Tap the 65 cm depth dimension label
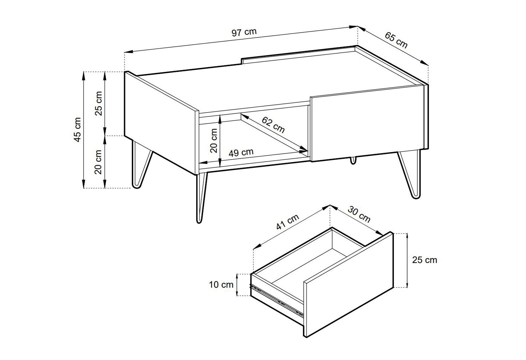pos(396,40)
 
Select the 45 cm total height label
pos(77,130)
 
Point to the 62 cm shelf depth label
pos(273,125)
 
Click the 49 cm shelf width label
pos(241,153)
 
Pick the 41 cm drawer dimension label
pos(288,222)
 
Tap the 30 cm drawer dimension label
pos(359,214)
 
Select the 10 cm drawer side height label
pos(221,285)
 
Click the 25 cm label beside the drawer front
pos(425,260)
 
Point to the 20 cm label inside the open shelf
pos(214,141)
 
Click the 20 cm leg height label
pos(98,162)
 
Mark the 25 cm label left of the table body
pos(98,103)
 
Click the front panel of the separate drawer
pos(348,285)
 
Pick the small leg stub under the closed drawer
pos(353,160)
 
